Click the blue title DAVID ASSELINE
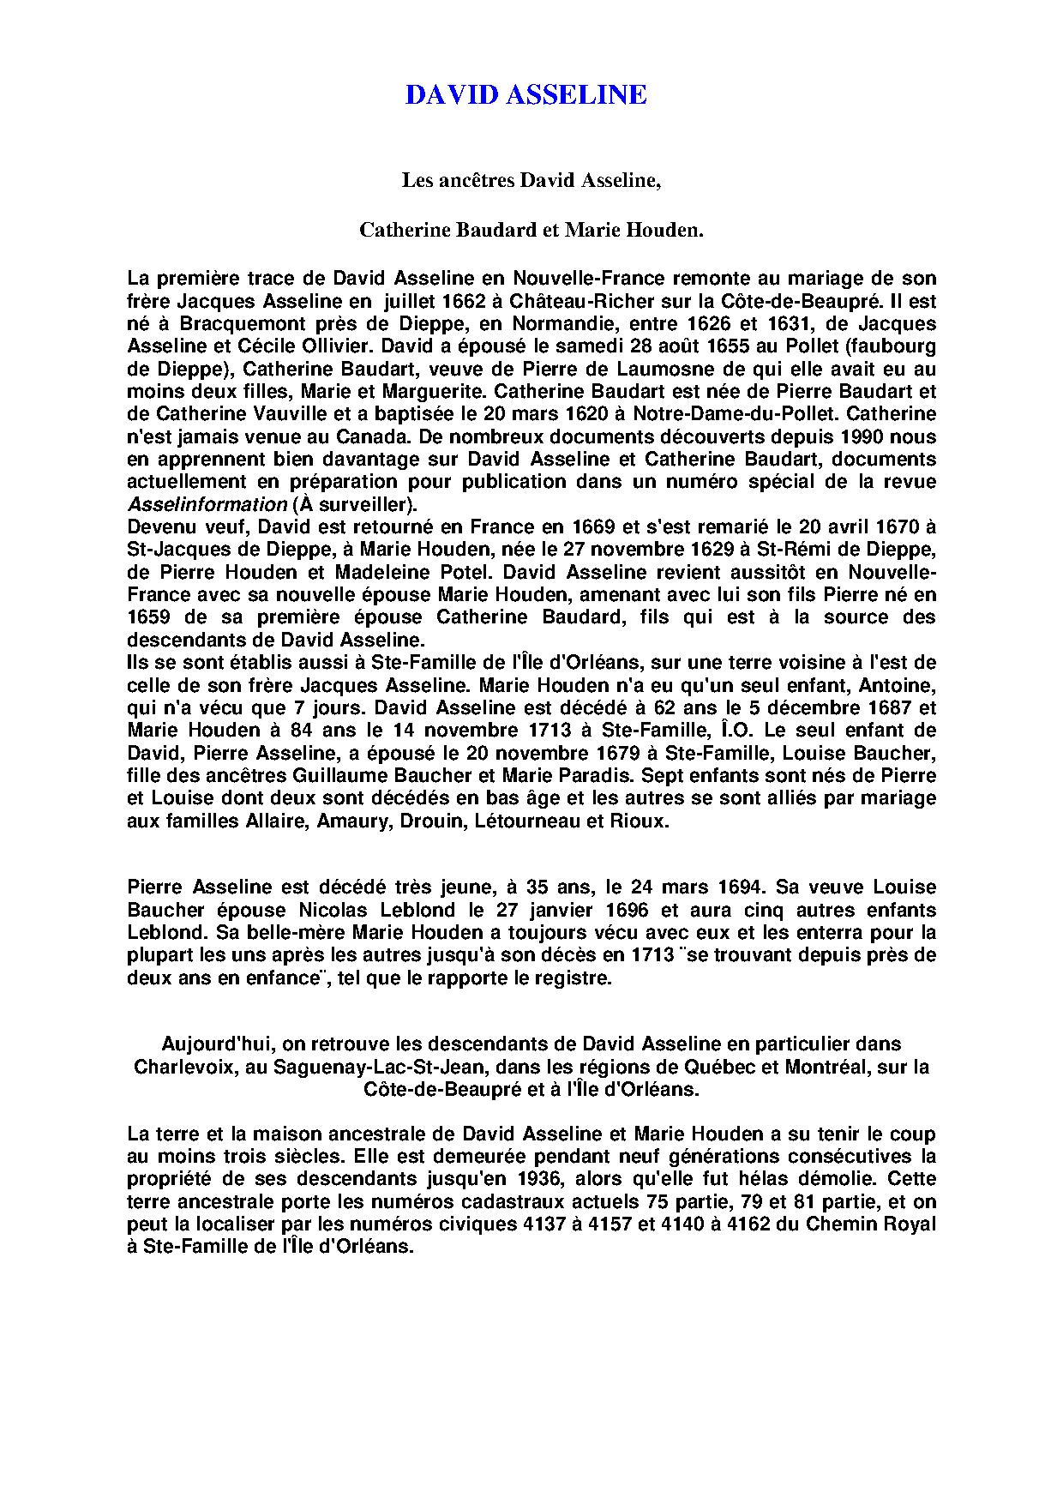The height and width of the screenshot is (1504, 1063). point(525,95)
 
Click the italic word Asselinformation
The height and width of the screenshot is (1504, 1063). point(207,504)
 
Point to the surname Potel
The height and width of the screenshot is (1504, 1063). point(464,572)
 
